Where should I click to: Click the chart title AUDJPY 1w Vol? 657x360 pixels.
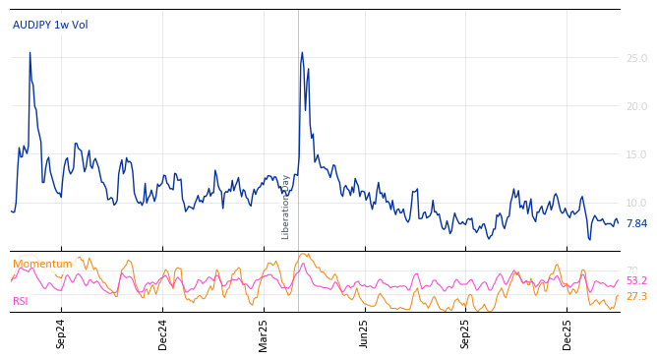tap(50, 26)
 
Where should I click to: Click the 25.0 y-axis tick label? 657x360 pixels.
tap(636, 59)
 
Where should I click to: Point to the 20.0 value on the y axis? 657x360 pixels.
tap(636, 107)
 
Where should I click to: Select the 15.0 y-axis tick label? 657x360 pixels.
tap(636, 155)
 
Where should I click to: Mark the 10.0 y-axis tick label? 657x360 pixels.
tap(636, 204)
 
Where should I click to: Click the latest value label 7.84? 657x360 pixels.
tap(636, 224)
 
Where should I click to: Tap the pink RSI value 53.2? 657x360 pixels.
tap(636, 281)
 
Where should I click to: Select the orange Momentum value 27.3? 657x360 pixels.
tap(636, 296)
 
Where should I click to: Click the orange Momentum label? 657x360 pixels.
tap(42, 265)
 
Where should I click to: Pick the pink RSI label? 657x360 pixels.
tap(21, 302)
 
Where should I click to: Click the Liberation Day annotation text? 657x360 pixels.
tap(286, 207)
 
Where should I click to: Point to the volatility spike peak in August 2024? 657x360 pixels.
tap(30, 53)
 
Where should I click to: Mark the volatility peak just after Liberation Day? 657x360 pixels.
tap(302, 53)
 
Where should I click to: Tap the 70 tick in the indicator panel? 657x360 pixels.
tap(631, 270)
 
